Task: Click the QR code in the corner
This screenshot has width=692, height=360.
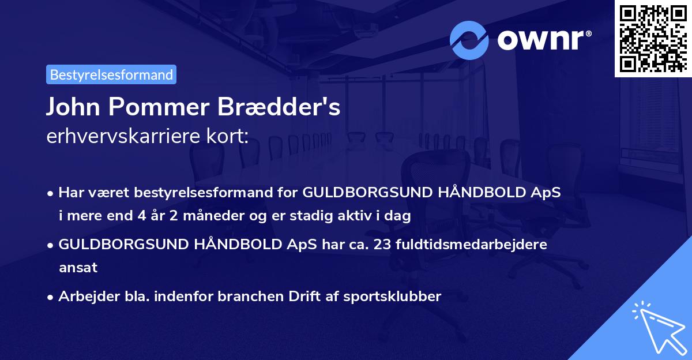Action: pyautogui.click(x=653, y=38)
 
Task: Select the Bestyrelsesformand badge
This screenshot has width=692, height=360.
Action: pyautogui.click(x=111, y=74)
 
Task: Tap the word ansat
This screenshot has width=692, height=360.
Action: pyautogui.click(x=78, y=268)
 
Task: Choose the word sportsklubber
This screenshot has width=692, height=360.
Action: pyautogui.click(x=394, y=297)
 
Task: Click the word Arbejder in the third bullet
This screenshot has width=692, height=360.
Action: pyautogui.click(x=84, y=297)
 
